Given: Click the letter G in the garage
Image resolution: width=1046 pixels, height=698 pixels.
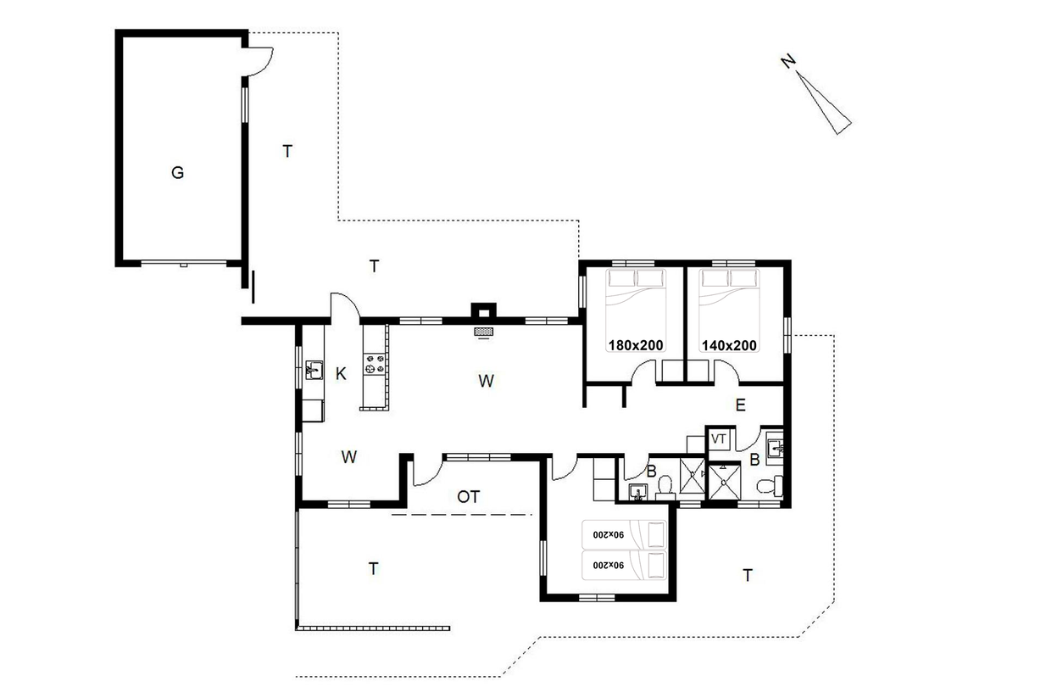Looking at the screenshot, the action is tap(177, 173).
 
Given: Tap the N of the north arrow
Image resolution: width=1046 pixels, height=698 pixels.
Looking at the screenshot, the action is tap(788, 61).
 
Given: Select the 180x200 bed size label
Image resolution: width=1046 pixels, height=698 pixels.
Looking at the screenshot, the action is tap(636, 345).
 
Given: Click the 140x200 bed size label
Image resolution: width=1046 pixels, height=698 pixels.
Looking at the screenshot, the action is tap(729, 345).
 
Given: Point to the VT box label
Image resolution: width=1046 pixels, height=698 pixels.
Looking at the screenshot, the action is tap(718, 438).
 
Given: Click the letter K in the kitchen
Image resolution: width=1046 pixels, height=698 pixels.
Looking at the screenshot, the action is tap(341, 374).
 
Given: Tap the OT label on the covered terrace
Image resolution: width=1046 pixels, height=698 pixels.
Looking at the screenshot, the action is tap(469, 497).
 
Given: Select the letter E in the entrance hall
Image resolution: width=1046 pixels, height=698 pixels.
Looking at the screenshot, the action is tap(740, 405).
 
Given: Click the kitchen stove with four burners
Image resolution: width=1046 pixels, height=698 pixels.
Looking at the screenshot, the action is tap(375, 365).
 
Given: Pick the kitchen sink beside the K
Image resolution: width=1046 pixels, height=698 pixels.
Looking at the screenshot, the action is tap(314, 370).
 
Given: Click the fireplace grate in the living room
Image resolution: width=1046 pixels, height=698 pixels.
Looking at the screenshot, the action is tap(483, 332).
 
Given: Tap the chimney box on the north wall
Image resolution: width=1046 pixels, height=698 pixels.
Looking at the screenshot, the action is tap(483, 310).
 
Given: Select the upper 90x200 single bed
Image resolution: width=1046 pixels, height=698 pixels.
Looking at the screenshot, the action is tap(625, 534).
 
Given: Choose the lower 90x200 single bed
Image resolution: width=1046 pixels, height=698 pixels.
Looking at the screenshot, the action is tap(625, 566).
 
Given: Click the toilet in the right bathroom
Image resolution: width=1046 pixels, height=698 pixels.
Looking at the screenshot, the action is tap(769, 486).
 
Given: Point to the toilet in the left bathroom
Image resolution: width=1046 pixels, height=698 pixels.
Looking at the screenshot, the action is tap(665, 486).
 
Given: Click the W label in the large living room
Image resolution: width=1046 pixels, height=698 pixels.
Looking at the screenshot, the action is tap(486, 381).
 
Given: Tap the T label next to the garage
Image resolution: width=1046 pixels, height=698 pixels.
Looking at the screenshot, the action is tap(287, 151).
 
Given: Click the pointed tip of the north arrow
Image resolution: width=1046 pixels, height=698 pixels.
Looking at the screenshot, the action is tap(796, 71).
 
